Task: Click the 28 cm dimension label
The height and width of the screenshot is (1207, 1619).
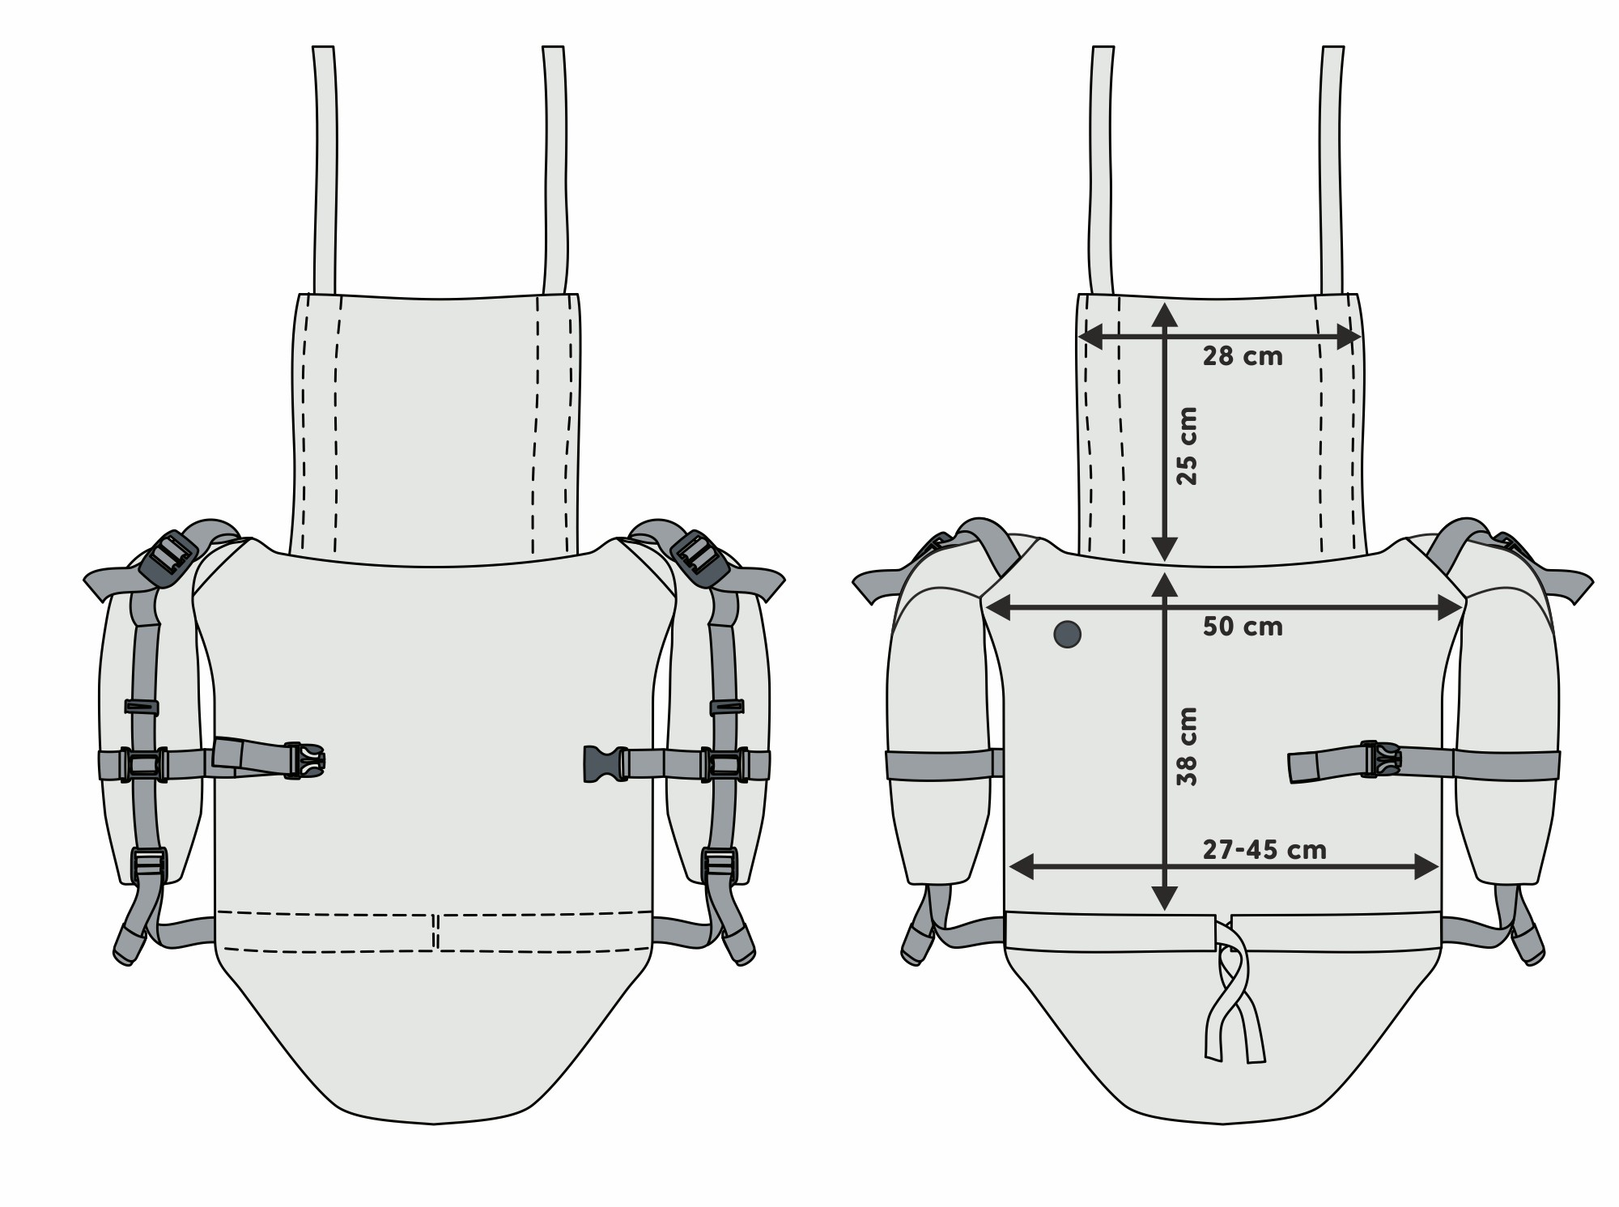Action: tap(1242, 356)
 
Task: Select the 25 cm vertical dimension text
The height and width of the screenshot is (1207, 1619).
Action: tap(1187, 445)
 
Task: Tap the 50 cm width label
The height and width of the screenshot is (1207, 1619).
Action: tap(1242, 627)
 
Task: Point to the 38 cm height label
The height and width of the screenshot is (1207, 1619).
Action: tap(1187, 746)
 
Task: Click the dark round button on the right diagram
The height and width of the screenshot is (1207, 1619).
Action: tap(1068, 634)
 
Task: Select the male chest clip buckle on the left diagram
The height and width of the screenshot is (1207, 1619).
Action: tap(304, 761)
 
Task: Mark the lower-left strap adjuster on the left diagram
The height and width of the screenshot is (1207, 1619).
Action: tap(148, 865)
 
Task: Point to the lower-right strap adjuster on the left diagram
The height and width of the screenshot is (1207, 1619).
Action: tap(718, 865)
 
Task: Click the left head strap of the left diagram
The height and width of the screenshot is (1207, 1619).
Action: tap(325, 170)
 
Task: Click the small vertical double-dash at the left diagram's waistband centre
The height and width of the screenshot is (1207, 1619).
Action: tap(436, 931)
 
